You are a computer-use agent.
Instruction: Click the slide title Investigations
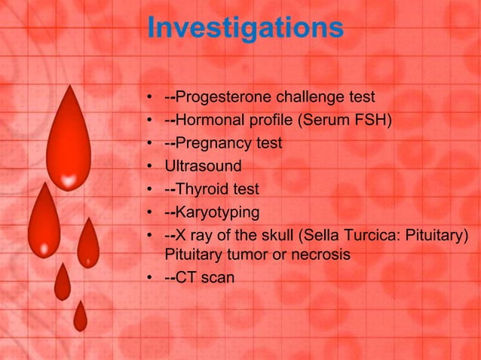click(245, 28)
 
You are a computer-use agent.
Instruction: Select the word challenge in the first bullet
click(311, 97)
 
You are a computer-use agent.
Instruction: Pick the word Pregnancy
click(215, 143)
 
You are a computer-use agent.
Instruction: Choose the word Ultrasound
click(204, 166)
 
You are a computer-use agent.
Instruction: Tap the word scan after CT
click(217, 278)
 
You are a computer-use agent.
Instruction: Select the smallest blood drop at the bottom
click(80, 318)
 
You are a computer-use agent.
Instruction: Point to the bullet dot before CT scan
click(152, 279)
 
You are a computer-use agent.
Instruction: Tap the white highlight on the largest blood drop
click(69, 181)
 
